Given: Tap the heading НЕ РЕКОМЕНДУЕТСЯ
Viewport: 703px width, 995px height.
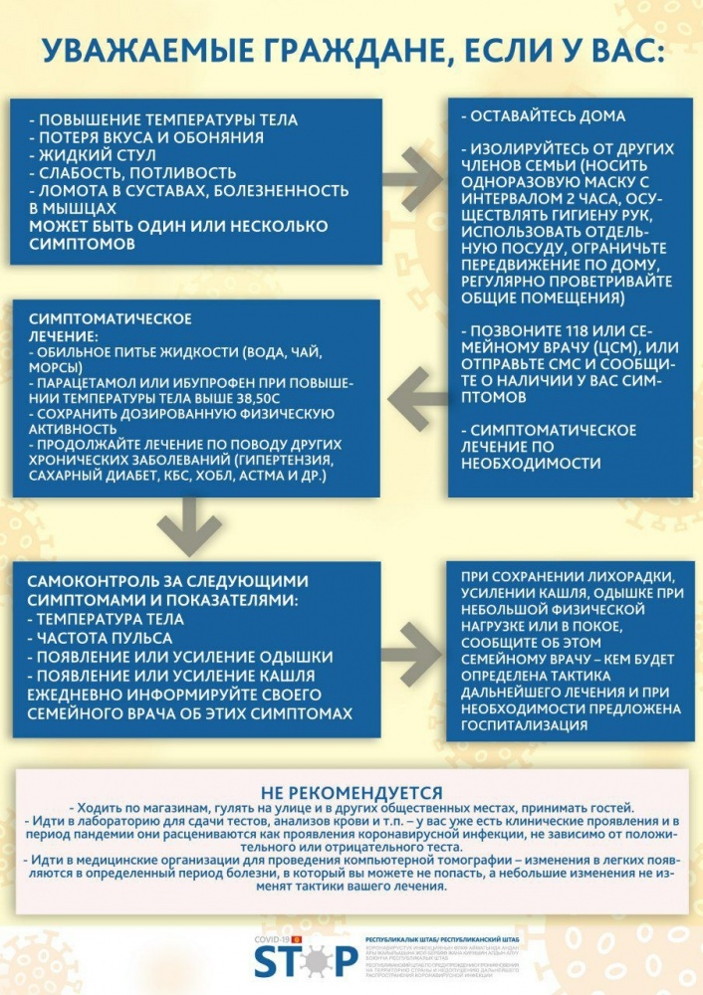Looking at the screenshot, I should tap(351, 792).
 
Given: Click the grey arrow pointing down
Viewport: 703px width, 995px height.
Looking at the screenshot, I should tap(188, 526).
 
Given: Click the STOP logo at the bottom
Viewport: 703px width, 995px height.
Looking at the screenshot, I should tap(304, 960).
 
